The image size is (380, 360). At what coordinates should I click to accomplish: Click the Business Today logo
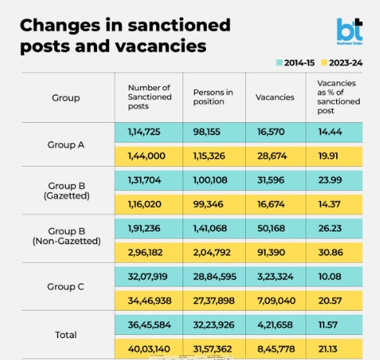coord(349,31)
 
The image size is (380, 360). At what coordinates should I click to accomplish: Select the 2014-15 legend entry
coord(295,63)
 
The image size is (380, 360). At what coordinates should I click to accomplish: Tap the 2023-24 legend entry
coord(342,63)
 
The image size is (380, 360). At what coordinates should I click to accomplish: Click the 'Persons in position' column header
coord(213,97)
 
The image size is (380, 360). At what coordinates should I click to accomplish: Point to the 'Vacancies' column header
coord(275,97)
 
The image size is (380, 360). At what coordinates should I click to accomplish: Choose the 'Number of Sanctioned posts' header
coord(150,97)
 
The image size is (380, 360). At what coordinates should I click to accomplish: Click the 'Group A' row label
coord(66,145)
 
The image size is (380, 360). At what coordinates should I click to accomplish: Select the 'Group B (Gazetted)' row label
coord(67,191)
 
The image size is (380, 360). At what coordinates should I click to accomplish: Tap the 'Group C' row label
coord(66,286)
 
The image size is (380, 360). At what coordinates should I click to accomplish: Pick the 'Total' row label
coord(66,335)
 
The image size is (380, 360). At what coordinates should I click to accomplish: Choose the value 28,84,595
coord(215,276)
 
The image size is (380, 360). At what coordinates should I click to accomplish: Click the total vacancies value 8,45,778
coord(276,349)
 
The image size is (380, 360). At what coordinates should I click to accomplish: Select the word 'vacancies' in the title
coord(161,46)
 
